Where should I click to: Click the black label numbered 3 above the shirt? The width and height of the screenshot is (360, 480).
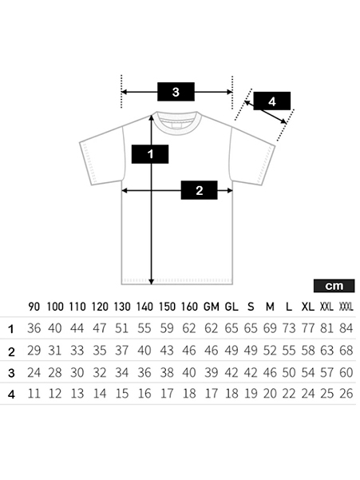click(x=176, y=92)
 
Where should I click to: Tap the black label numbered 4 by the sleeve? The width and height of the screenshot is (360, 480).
click(x=272, y=101)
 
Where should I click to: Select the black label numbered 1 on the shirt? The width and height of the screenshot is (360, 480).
click(x=150, y=154)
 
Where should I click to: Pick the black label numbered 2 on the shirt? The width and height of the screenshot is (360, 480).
click(x=199, y=190)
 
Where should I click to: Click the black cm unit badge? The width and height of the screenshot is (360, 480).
click(x=334, y=286)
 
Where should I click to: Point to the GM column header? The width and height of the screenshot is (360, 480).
click(x=212, y=307)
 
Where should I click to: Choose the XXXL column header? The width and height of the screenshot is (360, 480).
click(x=346, y=307)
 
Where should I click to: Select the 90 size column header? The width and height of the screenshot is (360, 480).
click(x=34, y=307)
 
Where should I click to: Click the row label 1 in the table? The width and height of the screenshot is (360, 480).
click(x=11, y=329)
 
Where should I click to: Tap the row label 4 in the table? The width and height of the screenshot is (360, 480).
click(x=11, y=395)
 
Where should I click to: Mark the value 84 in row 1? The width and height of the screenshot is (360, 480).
click(x=346, y=328)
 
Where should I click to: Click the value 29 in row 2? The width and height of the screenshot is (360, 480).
click(x=34, y=350)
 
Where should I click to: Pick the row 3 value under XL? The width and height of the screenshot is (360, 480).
click(x=308, y=372)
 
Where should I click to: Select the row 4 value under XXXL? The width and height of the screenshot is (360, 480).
click(x=346, y=394)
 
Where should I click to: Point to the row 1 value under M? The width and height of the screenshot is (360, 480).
click(x=270, y=328)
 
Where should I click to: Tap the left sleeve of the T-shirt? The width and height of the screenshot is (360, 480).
click(x=102, y=156)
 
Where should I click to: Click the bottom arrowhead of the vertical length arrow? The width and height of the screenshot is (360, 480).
click(x=151, y=281)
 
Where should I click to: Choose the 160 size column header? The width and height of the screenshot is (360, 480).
click(x=189, y=307)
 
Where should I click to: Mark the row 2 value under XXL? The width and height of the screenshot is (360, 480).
click(x=327, y=350)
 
